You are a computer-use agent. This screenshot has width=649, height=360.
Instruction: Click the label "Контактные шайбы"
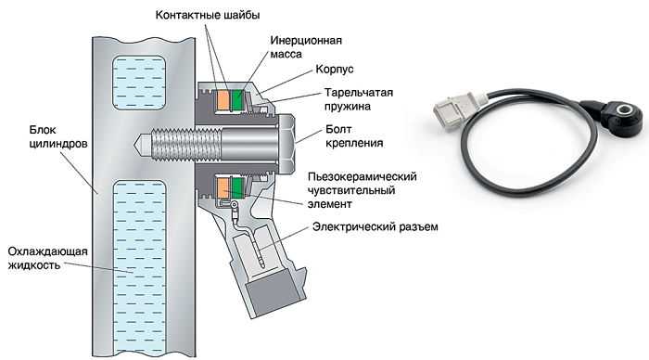208,16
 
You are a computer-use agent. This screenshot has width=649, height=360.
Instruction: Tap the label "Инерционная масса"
306,47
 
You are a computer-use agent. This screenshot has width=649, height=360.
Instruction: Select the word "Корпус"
335,69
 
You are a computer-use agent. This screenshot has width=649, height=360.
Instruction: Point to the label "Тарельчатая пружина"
359,99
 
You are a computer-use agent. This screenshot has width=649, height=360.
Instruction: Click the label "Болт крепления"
354,135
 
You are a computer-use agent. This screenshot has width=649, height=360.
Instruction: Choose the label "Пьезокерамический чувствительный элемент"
363,190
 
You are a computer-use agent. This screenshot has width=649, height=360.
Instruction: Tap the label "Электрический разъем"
375,226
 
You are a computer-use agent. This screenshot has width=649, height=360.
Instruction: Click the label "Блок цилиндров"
58,136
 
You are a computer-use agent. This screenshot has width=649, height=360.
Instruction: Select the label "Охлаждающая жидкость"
48,258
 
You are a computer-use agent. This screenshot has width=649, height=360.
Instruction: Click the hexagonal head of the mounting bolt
286,141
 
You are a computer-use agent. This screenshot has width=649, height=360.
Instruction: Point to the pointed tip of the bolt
134,141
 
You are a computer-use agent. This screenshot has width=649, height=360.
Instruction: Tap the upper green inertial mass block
238,100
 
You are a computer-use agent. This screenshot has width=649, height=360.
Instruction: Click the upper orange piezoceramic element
223,100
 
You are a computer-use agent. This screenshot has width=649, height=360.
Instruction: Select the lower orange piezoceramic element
223,187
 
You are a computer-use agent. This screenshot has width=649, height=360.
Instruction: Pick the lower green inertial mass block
238,187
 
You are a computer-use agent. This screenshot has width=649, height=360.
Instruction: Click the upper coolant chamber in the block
139,82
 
